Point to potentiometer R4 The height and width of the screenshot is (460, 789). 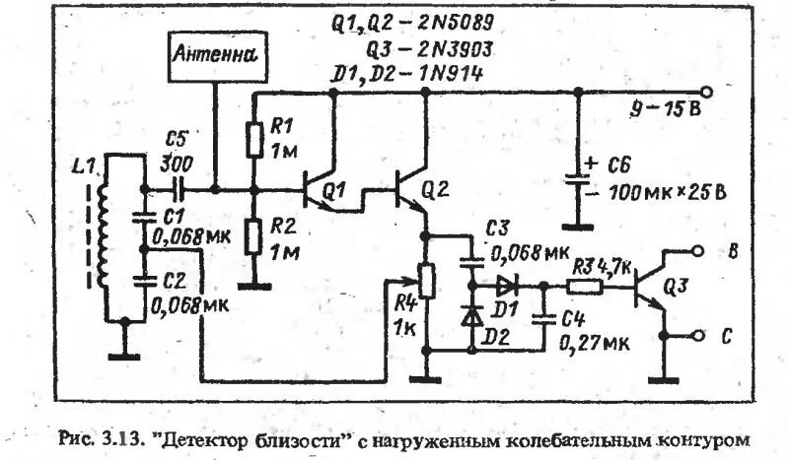click(426, 281)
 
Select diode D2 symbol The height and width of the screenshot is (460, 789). click(471, 317)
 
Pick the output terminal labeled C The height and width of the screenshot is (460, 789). click(703, 336)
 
